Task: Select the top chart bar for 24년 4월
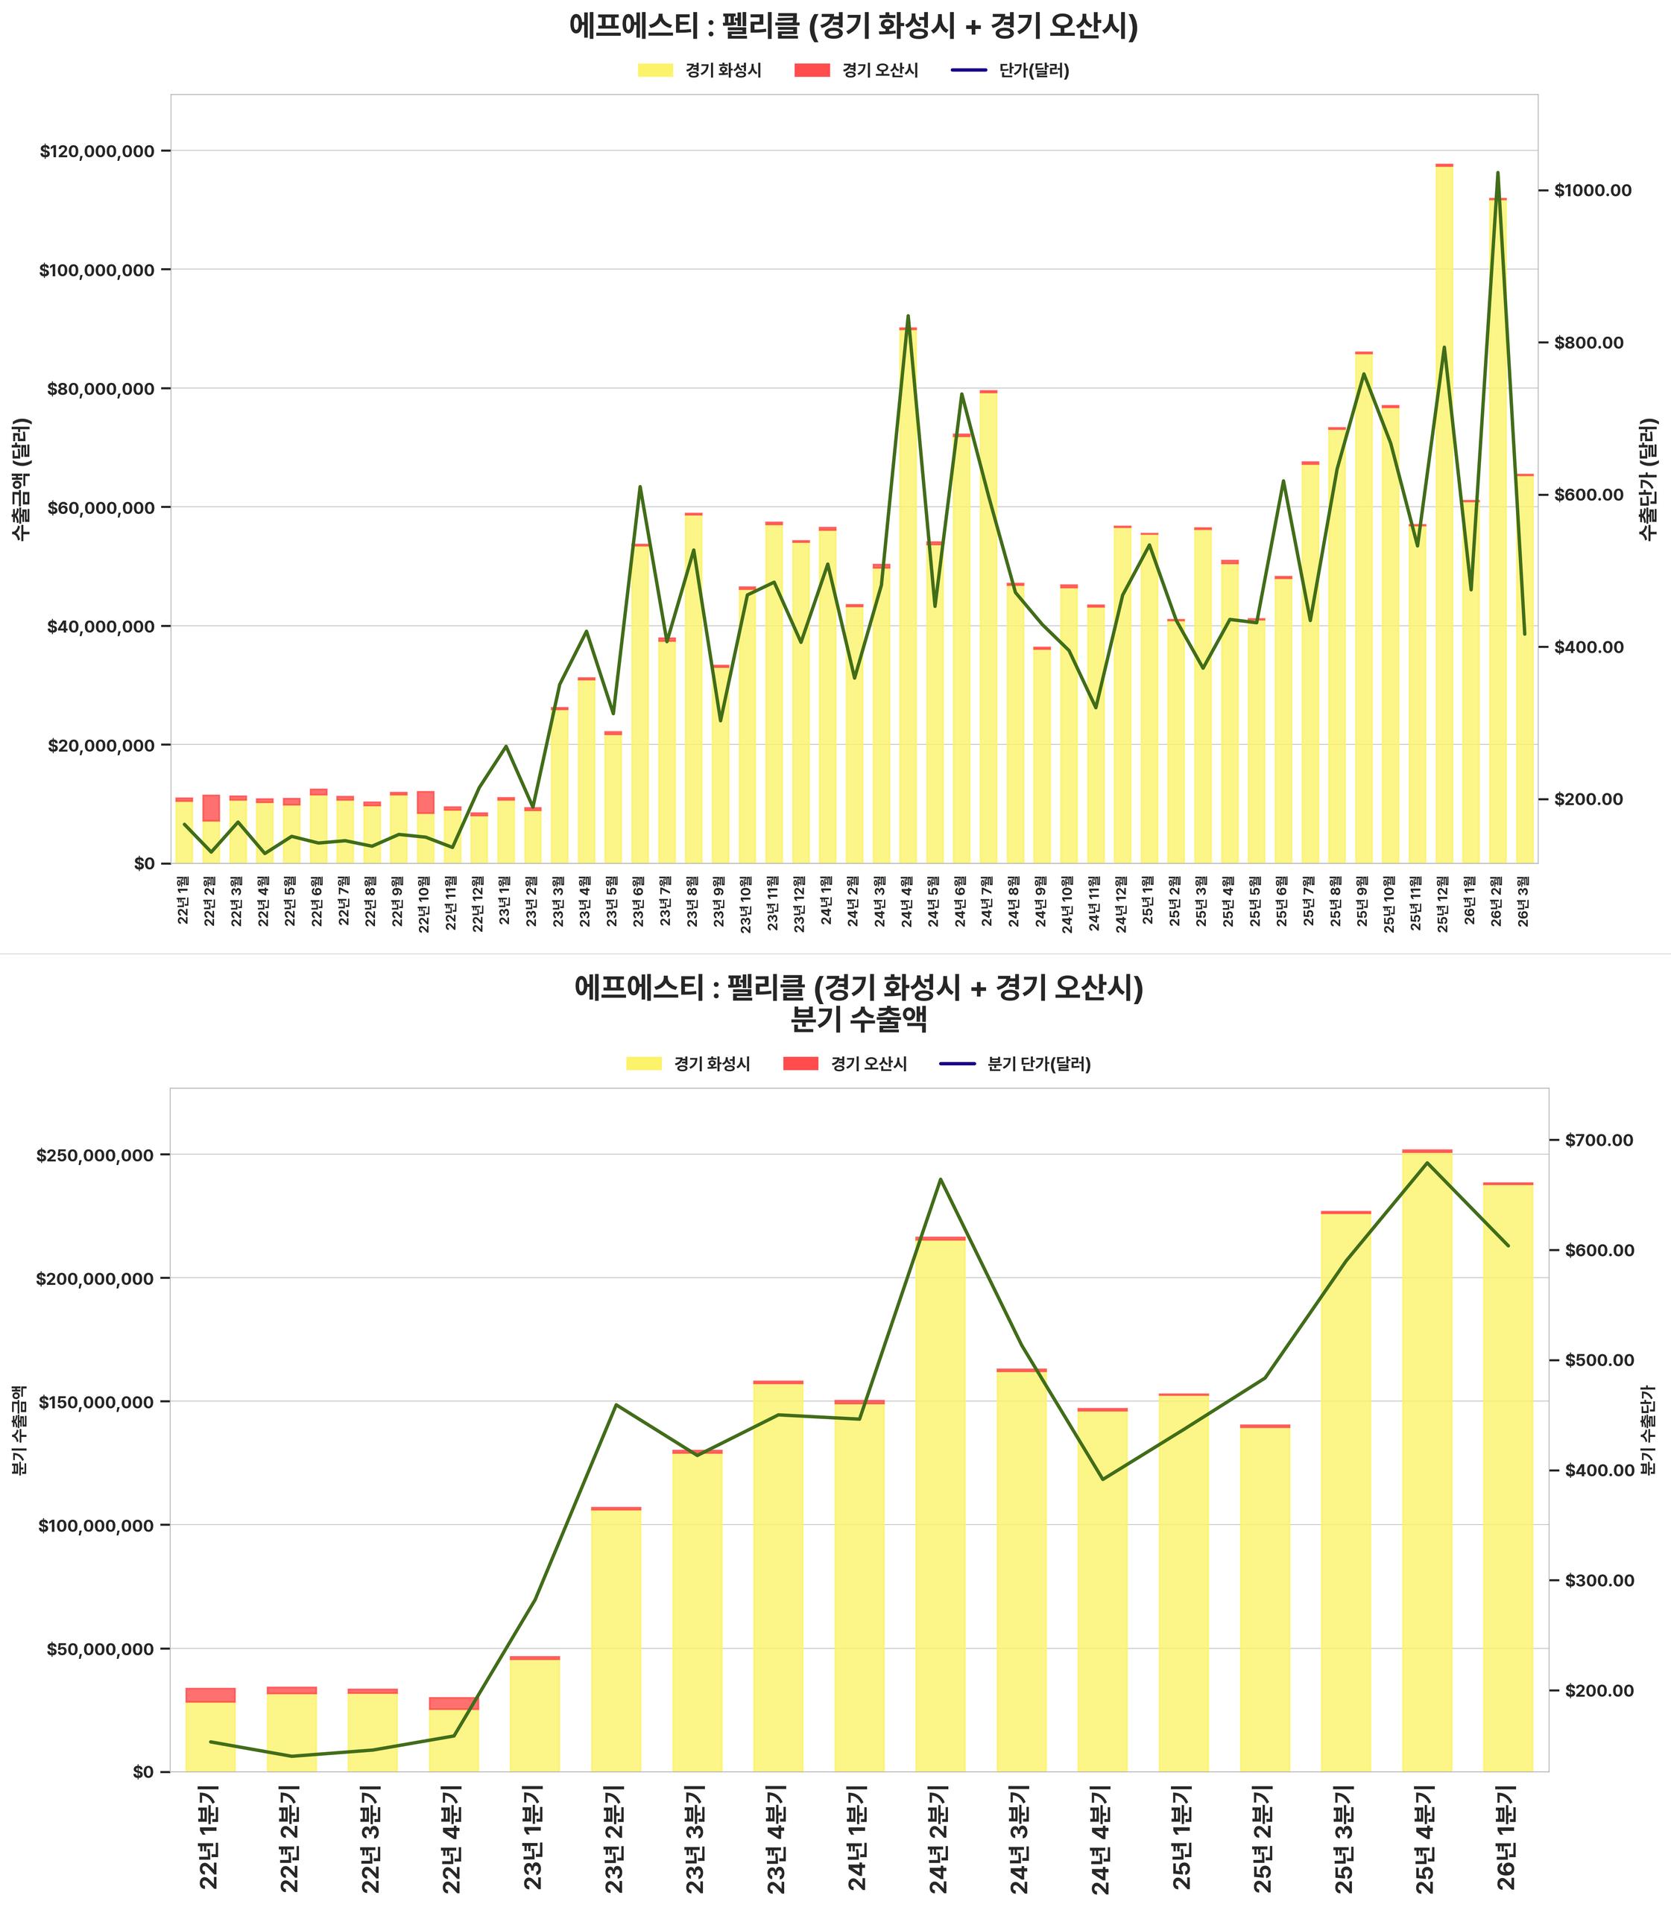coord(907,597)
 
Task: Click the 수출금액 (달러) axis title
coord(21,478)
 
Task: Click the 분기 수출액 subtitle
coord(858,1020)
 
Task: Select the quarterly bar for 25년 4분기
coord(1427,1463)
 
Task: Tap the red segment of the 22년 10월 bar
coord(426,802)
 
